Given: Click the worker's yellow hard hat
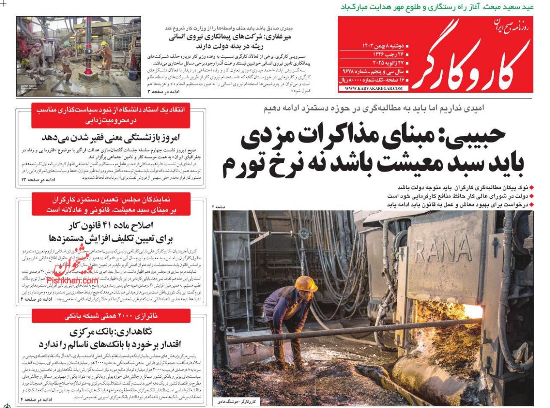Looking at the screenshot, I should [x=304, y=283].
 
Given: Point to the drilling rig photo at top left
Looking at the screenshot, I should [x=79, y=56].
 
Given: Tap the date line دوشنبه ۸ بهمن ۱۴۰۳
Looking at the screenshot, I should [x=383, y=46].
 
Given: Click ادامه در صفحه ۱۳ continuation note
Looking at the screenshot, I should [x=38, y=180].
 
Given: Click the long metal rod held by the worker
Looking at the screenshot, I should [x=352, y=331].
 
